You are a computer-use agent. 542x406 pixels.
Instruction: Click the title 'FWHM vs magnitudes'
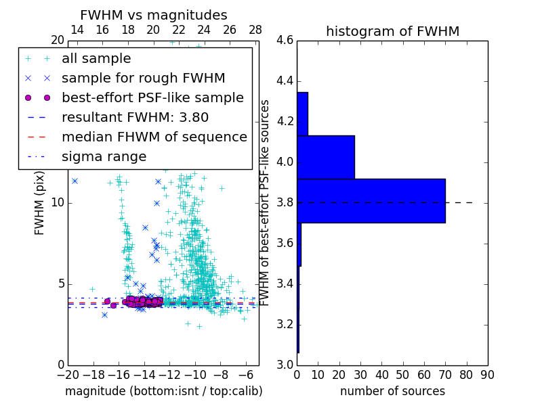154,15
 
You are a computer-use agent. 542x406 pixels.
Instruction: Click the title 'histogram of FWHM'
392,31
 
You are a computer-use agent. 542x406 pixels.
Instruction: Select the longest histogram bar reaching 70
371,200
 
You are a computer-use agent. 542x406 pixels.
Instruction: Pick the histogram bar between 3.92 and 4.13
326,157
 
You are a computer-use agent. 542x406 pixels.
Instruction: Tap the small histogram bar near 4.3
302,114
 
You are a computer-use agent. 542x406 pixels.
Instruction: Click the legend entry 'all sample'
96,59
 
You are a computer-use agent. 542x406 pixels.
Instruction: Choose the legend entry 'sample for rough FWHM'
143,78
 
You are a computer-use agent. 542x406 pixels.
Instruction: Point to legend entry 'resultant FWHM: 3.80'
135,117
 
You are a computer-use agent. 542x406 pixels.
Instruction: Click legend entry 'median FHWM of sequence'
154,137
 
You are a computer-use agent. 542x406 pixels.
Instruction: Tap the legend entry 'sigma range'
104,156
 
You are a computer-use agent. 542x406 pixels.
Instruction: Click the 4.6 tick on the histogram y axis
285,41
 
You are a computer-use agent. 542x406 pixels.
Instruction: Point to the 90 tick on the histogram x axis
486,374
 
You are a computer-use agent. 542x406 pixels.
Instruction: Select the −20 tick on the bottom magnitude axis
68,374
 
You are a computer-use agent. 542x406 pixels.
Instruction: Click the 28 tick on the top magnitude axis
255,30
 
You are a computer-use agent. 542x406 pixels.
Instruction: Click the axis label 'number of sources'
392,391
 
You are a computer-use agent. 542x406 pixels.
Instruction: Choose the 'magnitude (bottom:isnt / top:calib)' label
163,391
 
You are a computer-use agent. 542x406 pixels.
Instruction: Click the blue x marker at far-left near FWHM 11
75,181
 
